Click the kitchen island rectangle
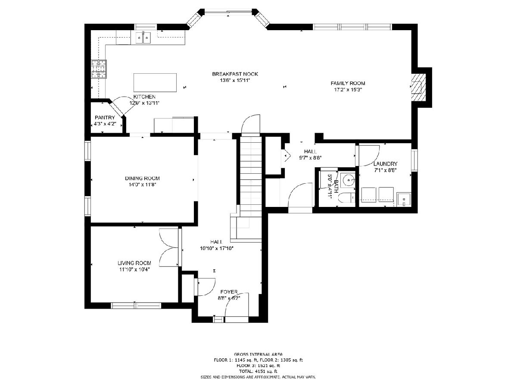tap(155, 82)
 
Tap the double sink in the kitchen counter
tap(143, 38)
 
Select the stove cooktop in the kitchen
tap(99, 69)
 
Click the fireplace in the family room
tap(418, 87)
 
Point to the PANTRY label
tap(105, 118)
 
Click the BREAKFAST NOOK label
tap(235, 74)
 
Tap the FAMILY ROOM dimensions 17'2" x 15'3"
tap(348, 90)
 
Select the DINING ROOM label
tap(142, 178)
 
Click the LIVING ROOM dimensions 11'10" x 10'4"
tap(134, 269)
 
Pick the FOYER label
tap(229, 292)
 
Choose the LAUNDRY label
tap(385, 164)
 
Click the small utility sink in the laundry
tap(403, 200)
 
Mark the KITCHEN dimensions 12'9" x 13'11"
tap(144, 103)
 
